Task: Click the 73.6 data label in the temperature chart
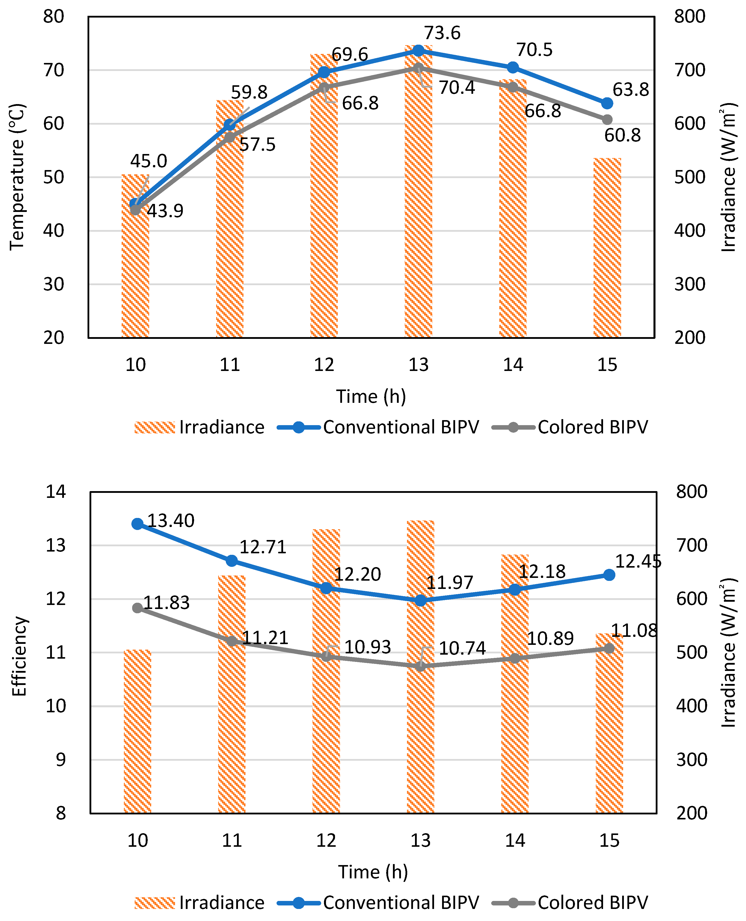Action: pos(442,33)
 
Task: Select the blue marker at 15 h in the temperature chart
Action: pos(607,103)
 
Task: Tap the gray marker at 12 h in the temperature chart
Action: pos(324,88)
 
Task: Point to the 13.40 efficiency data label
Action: pos(171,521)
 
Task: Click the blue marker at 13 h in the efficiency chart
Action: pos(420,600)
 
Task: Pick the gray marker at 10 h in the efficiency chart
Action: pos(137,608)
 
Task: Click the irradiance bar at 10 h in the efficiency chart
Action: pos(137,731)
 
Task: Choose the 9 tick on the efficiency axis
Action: pos(61,760)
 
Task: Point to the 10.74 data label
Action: pos(462,648)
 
